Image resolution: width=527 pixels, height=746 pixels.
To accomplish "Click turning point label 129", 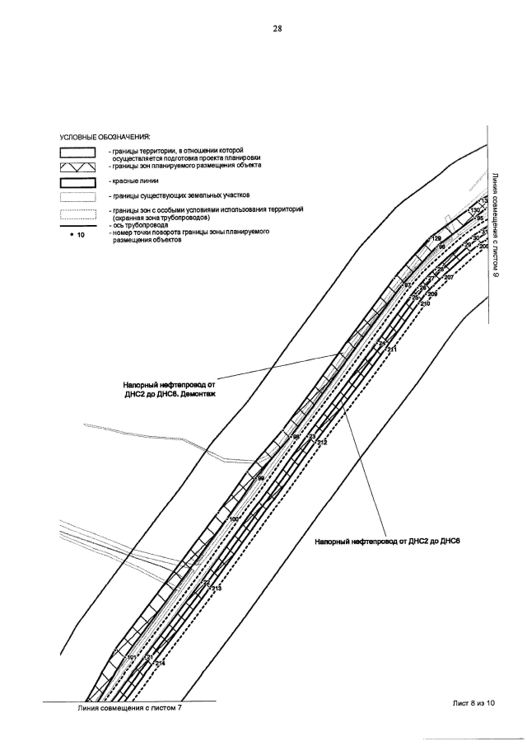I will (436, 239).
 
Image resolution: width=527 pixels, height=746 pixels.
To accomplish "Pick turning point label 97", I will (407, 285).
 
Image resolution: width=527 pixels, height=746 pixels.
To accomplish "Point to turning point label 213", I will (217, 589).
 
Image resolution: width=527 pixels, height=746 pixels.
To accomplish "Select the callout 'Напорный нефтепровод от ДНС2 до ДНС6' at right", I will (386, 541).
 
